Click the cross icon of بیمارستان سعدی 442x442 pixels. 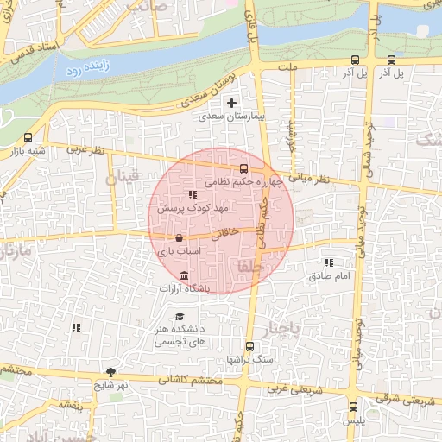click(231, 103)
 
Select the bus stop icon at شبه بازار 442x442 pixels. click(28, 137)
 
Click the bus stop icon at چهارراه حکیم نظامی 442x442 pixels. click(244, 168)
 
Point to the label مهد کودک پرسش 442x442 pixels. click(191, 209)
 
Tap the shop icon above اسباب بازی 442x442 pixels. click(179, 237)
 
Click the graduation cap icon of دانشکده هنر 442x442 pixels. click(180, 316)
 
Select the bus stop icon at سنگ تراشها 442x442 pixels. click(249, 346)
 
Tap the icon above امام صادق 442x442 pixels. click(328, 262)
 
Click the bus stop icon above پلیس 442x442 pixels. click(353, 407)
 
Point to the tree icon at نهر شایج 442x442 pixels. click(110, 372)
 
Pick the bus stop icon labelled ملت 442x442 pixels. click(356, 60)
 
